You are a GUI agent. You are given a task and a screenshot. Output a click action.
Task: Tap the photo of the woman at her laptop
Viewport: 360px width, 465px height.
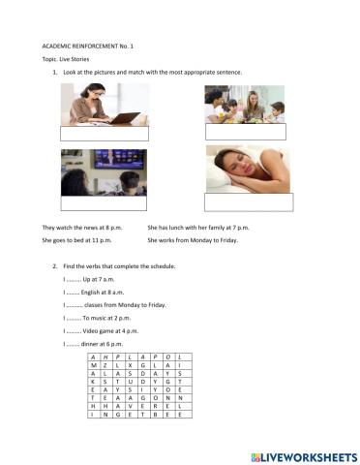[x=105, y=104]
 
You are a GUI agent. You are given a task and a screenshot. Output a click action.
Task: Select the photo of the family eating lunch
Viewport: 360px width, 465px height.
[x=245, y=105]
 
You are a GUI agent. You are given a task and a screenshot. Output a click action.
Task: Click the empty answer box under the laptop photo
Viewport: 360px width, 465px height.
[x=105, y=134]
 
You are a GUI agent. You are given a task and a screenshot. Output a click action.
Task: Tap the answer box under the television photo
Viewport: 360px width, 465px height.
[x=104, y=202]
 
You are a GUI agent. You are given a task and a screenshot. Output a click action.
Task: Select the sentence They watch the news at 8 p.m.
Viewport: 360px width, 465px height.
[x=78, y=227]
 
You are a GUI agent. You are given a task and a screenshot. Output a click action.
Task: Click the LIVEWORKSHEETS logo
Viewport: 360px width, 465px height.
[x=304, y=454]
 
